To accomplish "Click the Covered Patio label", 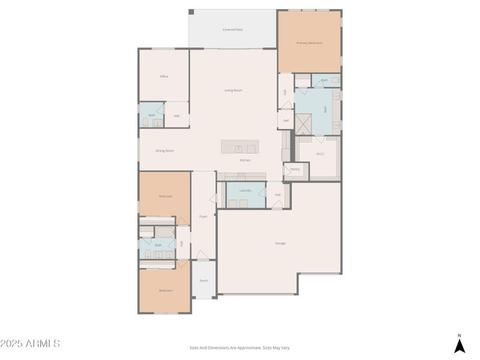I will (233, 29).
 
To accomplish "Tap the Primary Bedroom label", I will (309, 43).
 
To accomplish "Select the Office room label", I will (164, 76).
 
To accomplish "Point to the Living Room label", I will (233, 90).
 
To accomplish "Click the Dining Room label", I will (164, 151).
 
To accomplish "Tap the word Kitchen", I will (245, 160).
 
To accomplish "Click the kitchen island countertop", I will (239, 147).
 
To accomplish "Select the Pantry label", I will (295, 169).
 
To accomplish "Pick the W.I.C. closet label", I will (321, 154).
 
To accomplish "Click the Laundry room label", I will (245, 190).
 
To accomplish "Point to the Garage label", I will (280, 243).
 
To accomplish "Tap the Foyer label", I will (203, 216).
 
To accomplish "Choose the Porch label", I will (203, 280).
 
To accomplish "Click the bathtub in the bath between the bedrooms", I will (164, 232).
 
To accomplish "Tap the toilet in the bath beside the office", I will (145, 122).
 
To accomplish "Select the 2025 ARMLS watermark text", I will (30, 344).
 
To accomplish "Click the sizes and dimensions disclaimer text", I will (239, 347).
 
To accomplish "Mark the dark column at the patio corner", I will (191, 11).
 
